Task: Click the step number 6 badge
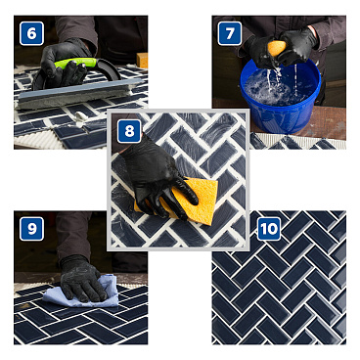(31, 33)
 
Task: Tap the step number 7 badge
(230, 33)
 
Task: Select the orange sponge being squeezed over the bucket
(278, 47)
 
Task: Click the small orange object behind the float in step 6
(142, 60)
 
